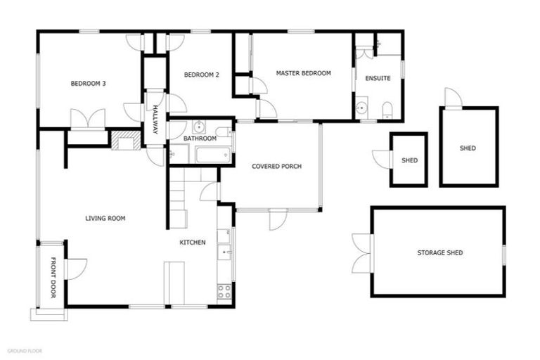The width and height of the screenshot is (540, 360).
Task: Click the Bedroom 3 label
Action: point(88,84)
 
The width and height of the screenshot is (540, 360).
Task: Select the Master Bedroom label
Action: point(303,72)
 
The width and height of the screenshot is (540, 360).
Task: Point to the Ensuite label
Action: point(378,78)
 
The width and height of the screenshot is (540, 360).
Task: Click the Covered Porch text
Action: point(277,166)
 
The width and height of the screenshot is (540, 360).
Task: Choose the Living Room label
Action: point(105,218)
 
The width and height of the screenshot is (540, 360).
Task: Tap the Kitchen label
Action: point(192,242)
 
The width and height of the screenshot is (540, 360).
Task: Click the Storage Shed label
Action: point(439,252)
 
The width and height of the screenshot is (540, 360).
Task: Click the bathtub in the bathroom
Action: point(212,155)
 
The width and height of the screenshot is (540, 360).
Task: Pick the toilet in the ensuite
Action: point(387,110)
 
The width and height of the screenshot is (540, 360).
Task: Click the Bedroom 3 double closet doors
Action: point(88,119)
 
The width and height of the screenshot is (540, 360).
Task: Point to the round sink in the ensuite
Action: point(361,108)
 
